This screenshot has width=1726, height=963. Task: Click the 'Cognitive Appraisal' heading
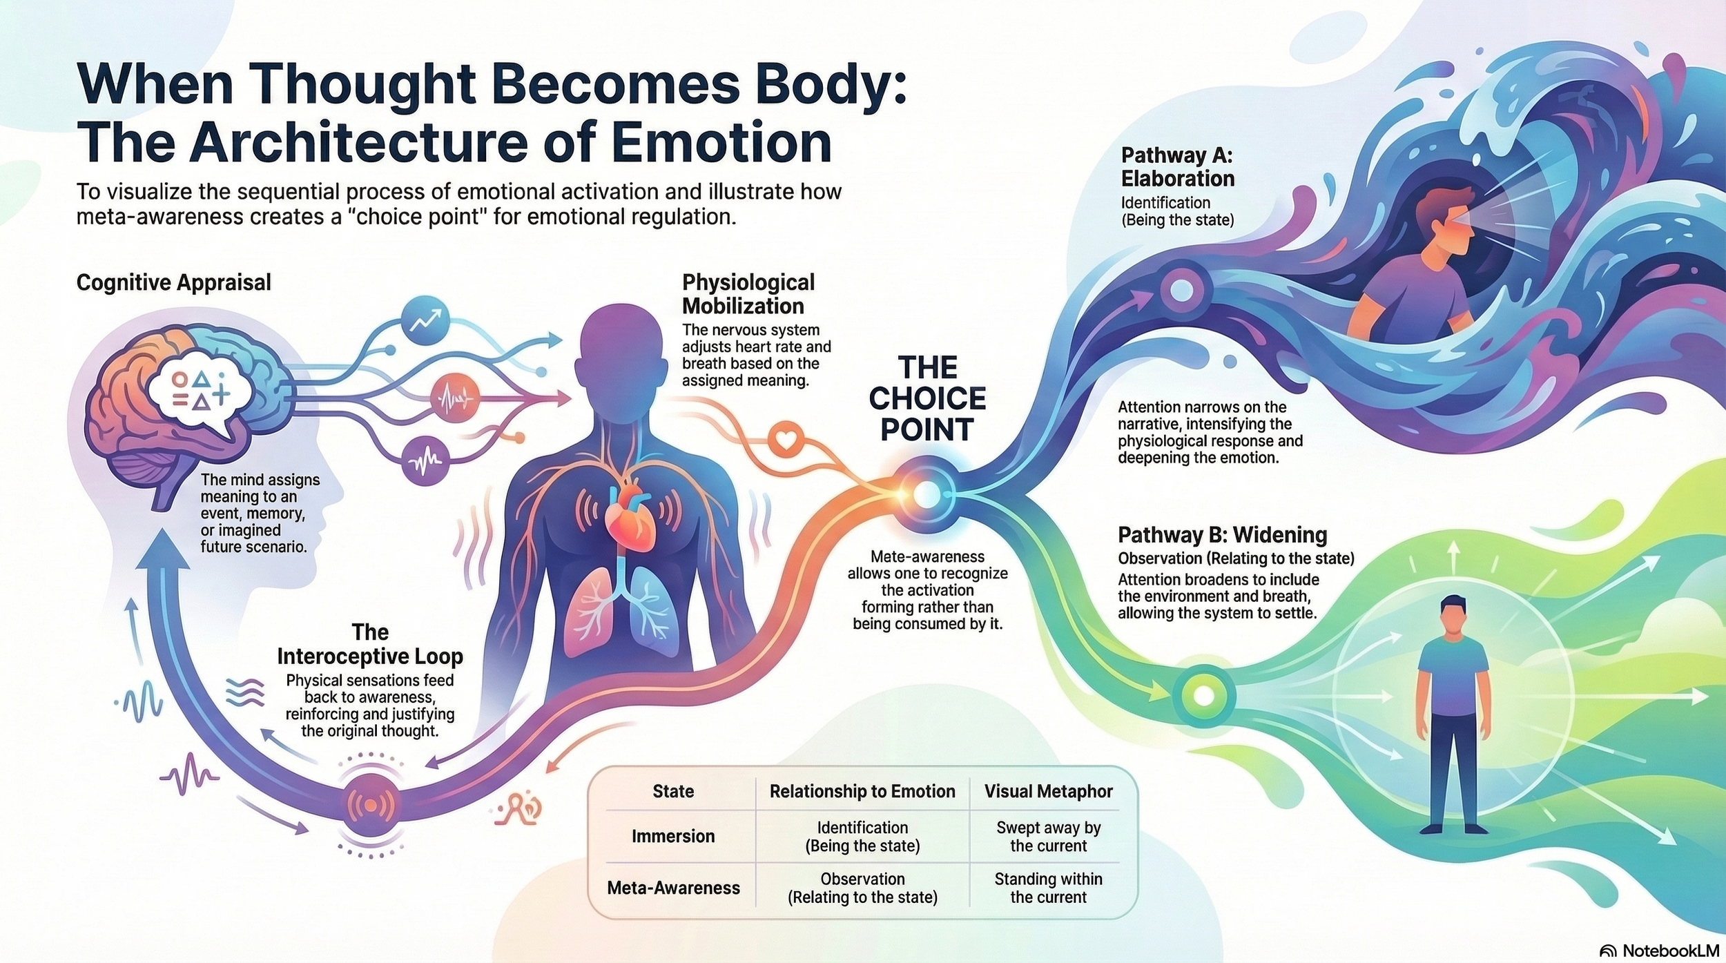[x=173, y=282]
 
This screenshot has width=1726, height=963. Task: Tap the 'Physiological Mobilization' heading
[x=748, y=294]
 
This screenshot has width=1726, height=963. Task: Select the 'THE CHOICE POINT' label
[x=927, y=398]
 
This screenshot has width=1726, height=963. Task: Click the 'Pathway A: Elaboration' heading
[x=1178, y=167]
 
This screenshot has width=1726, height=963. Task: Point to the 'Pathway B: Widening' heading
[x=1222, y=535]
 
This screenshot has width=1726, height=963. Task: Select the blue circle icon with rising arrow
[x=425, y=320]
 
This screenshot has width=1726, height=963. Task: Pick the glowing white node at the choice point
[x=927, y=494]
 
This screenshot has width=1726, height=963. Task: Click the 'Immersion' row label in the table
[x=673, y=836]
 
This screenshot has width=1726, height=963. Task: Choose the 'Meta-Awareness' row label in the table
[x=673, y=888]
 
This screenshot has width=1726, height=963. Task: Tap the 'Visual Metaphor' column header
[x=1048, y=791]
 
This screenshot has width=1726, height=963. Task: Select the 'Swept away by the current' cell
[x=1048, y=837]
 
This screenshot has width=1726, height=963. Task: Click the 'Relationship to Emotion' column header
[x=862, y=791]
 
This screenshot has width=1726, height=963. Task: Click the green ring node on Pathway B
[x=1203, y=695]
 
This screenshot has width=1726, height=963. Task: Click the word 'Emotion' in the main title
[x=721, y=142]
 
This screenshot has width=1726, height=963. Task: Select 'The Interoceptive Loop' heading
[x=370, y=644]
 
